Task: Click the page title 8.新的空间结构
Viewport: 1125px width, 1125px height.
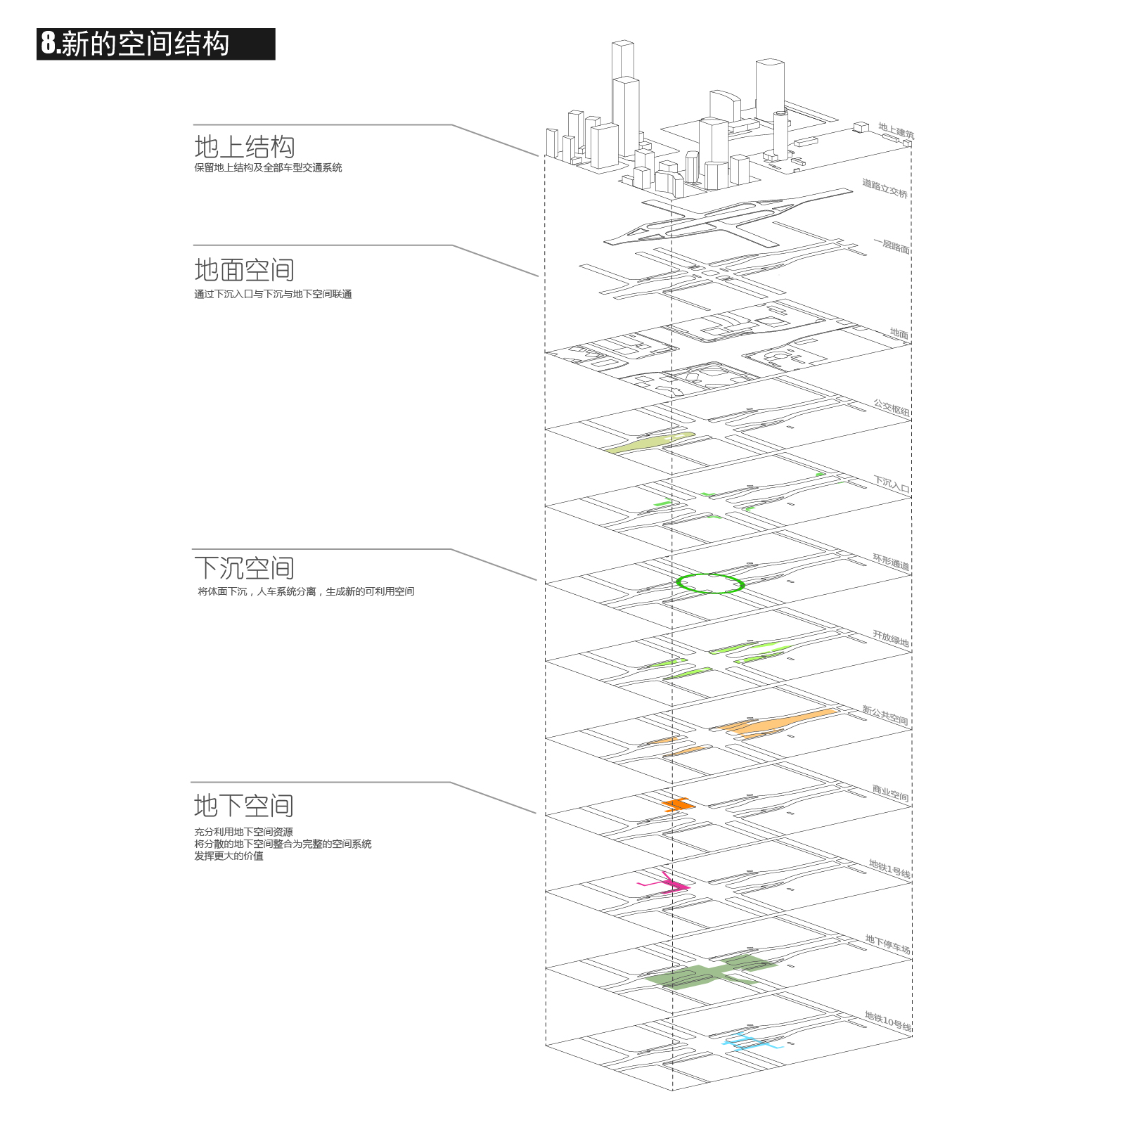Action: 135,44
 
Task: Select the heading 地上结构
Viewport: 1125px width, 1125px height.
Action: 245,147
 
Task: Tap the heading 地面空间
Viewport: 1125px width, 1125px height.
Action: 245,270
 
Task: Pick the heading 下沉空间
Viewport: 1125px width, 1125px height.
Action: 245,568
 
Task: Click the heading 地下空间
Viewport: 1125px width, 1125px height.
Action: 244,806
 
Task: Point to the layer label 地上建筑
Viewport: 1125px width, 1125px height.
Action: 896,131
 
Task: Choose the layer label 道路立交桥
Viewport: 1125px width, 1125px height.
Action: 885,188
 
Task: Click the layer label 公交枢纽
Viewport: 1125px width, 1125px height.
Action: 892,408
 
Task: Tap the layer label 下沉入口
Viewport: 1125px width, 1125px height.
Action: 892,484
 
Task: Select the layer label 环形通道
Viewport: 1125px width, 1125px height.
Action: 891,562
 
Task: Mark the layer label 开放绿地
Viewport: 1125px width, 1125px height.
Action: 891,638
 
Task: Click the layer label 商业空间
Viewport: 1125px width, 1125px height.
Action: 891,793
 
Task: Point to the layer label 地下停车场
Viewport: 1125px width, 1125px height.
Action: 887,944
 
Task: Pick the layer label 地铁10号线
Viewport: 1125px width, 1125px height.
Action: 888,1022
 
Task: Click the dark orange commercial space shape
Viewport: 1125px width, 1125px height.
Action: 679,804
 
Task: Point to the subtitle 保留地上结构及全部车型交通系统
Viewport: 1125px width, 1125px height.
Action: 269,167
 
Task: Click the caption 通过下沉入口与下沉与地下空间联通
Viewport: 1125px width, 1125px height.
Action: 273,294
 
